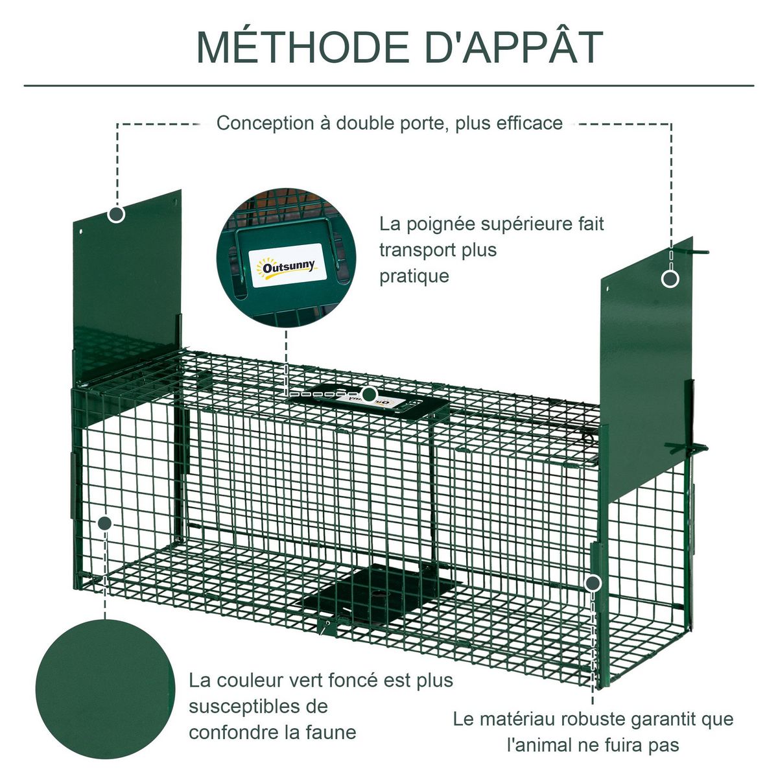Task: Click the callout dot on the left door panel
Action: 117,214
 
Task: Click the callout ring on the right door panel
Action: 670,279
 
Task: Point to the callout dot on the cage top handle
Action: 369,394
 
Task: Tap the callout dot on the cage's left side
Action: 105,523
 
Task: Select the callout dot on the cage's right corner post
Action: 592,583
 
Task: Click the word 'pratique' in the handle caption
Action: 414,276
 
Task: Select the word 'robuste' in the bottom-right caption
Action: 591,719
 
